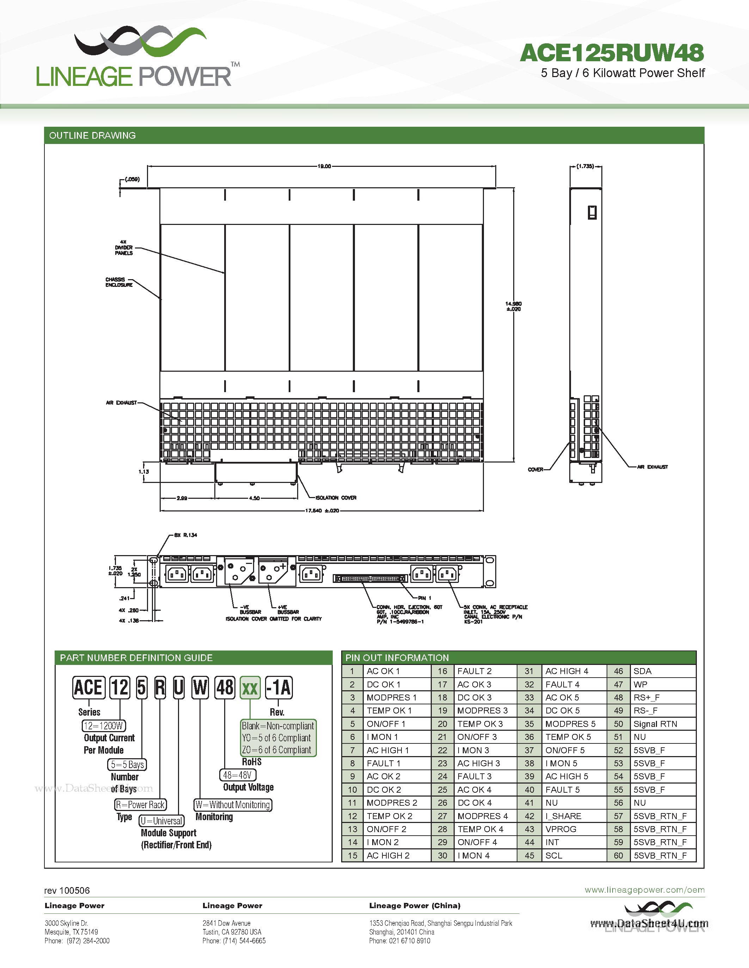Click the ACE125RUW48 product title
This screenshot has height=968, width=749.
612,53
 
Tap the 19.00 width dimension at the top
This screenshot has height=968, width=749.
324,166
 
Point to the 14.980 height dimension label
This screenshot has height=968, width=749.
514,306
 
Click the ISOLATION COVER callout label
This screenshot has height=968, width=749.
336,498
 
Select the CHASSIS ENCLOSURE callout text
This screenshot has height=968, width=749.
118,282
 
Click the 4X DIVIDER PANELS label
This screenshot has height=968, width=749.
123,248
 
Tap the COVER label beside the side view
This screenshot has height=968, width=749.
535,469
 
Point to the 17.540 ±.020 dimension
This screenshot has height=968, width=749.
322,511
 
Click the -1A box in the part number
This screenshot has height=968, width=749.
279,688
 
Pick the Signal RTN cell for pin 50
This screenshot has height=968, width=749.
655,724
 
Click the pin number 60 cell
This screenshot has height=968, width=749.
619,855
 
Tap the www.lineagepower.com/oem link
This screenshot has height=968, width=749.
644,890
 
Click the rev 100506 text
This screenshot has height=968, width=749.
67,891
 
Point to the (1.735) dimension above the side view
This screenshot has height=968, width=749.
585,166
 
